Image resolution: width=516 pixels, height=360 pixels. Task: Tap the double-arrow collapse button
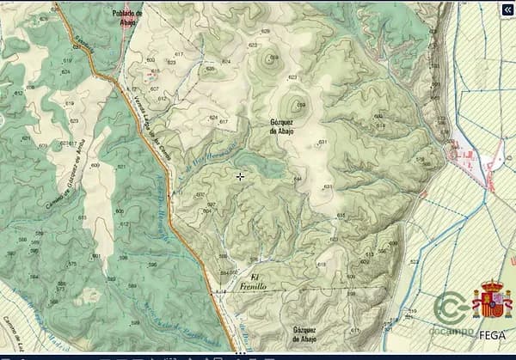point(505,10)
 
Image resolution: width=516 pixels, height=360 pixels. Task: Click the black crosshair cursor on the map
point(240,176)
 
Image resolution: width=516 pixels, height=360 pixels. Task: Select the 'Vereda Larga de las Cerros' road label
point(147,120)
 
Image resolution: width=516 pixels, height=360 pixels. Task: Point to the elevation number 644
point(297,178)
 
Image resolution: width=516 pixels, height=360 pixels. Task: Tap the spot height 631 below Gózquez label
point(322,142)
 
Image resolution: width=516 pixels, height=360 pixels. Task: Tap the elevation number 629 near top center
point(265,31)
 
